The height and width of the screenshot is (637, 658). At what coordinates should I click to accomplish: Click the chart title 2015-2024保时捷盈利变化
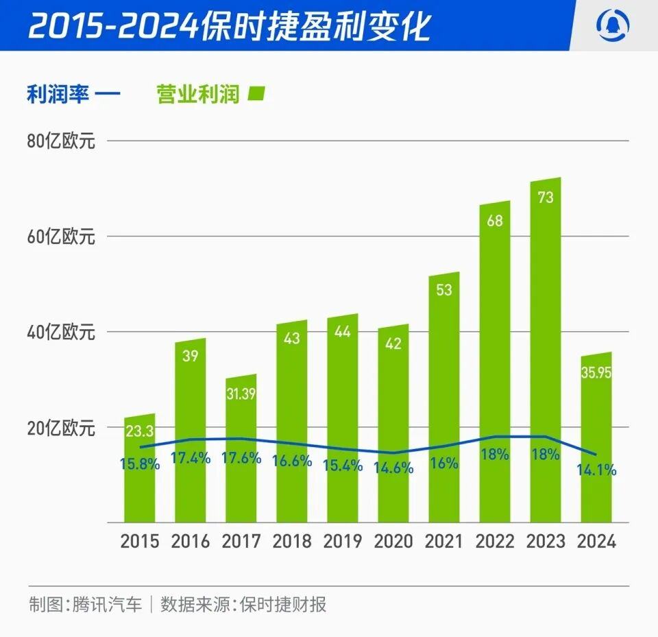230,26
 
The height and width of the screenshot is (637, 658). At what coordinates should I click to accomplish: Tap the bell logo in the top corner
615,25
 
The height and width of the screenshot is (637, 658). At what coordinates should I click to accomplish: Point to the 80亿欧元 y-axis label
61,142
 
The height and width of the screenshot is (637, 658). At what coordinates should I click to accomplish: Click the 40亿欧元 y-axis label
61,333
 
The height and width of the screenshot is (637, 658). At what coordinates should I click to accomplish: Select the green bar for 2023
546,309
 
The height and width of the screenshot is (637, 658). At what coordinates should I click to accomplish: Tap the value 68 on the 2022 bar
495,221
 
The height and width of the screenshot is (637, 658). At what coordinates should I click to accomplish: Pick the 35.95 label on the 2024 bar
596,373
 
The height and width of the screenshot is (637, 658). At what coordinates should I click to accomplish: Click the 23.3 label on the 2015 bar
139,431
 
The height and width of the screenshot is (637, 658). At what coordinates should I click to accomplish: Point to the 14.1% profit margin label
596,470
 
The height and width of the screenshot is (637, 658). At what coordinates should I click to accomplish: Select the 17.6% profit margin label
241,459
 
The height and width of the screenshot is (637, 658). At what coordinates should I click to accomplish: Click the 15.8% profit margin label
139,464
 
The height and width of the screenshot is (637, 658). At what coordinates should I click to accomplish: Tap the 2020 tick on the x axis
393,542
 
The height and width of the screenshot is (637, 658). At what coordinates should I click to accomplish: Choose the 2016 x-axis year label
191,542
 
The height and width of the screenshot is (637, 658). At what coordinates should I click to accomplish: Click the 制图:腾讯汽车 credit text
86,605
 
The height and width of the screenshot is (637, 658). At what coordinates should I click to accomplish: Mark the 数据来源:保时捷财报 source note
243,605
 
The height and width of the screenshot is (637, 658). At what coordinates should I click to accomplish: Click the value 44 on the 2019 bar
343,332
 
